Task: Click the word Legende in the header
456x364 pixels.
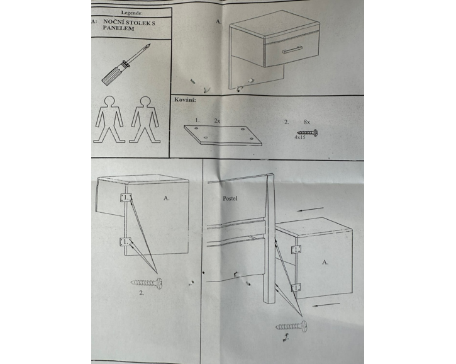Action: pyautogui.click(x=131, y=13)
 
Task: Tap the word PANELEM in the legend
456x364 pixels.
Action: pyautogui.click(x=118, y=28)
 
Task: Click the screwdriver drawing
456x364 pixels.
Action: pyautogui.click(x=126, y=64)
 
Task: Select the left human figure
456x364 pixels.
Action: pyautogui.click(x=109, y=120)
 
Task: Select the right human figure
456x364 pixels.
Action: pyautogui.click(x=145, y=120)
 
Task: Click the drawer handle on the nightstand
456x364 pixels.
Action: pyautogui.click(x=292, y=50)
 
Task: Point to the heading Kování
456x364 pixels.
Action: pyautogui.click(x=185, y=100)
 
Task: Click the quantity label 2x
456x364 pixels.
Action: pyautogui.click(x=217, y=121)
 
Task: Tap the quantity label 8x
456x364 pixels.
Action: pyautogui.click(x=307, y=122)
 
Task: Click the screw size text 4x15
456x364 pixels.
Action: pyautogui.click(x=300, y=137)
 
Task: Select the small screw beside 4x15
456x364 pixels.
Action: pyautogui.click(x=308, y=133)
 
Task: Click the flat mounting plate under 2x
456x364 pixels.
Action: pyautogui.click(x=223, y=135)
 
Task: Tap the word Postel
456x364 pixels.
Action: pyautogui.click(x=230, y=198)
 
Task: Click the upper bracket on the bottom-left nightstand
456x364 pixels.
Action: pyautogui.click(x=126, y=198)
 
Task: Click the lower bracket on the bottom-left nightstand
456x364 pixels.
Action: pyautogui.click(x=125, y=242)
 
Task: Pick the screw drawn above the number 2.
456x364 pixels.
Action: pyautogui.click(x=147, y=283)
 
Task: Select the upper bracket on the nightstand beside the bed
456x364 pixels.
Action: pyautogui.click(x=296, y=249)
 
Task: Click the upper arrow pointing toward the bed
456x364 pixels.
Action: pyautogui.click(x=310, y=209)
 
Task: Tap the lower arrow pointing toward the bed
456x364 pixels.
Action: pyautogui.click(x=326, y=305)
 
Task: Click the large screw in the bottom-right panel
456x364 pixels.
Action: pyautogui.click(x=292, y=326)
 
